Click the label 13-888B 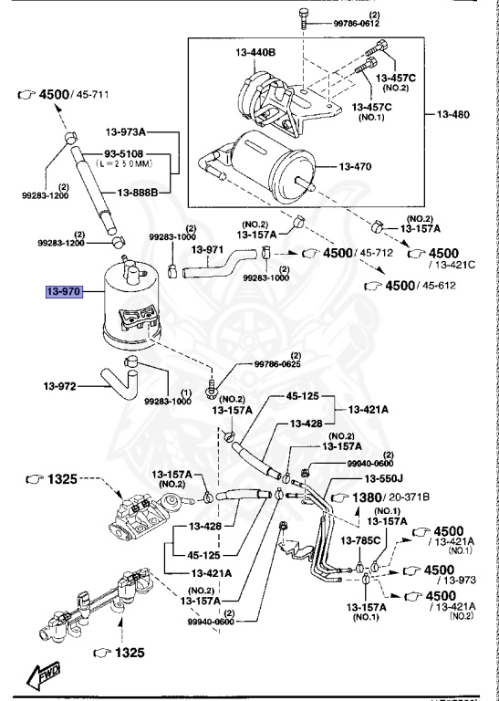point(136,192)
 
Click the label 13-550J point(383,478)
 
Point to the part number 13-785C point(360,541)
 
